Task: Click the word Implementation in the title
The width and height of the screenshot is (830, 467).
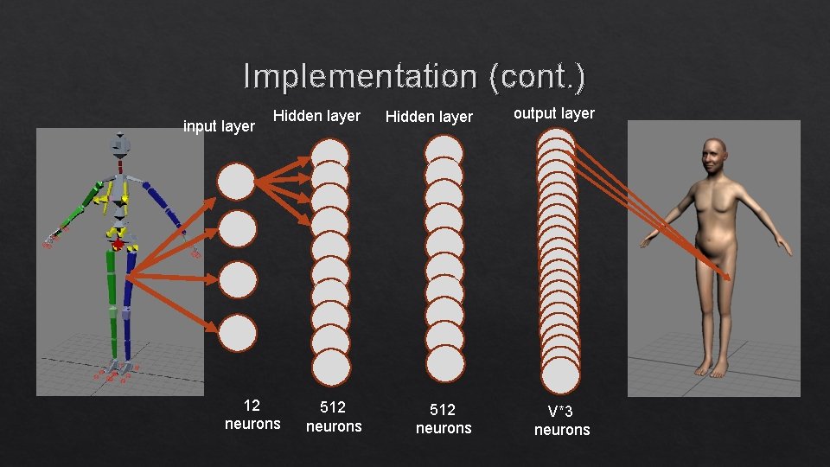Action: click(x=359, y=76)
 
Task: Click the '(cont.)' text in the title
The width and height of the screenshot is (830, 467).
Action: click(x=536, y=76)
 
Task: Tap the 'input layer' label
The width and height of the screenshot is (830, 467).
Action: click(x=220, y=126)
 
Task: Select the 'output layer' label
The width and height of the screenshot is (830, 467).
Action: click(x=554, y=113)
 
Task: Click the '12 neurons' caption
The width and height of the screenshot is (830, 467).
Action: click(x=252, y=414)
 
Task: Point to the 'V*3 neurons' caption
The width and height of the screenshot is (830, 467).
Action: click(x=562, y=420)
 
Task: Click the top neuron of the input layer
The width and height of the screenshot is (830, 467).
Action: click(x=236, y=182)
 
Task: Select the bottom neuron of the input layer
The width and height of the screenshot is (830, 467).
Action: click(x=237, y=333)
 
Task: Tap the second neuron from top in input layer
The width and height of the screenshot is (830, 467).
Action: click(x=237, y=230)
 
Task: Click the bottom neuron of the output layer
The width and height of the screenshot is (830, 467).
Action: click(x=560, y=374)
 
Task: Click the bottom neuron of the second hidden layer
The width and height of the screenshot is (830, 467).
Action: click(x=444, y=362)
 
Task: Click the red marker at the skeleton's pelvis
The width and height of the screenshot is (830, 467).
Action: click(x=118, y=246)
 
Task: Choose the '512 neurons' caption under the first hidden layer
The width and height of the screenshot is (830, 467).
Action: click(x=334, y=416)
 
